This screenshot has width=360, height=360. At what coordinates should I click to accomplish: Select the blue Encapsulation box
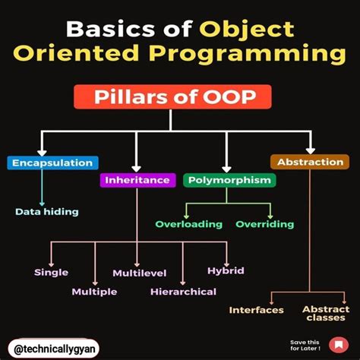[x=52, y=163]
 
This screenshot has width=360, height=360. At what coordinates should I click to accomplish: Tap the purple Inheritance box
[x=137, y=180]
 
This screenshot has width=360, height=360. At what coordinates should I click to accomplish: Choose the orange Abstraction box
[x=309, y=163]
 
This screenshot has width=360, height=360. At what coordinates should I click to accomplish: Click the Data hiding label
[x=46, y=211]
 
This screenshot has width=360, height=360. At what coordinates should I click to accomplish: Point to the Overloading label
[x=189, y=224]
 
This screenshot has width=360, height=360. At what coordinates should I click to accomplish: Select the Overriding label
[x=264, y=224]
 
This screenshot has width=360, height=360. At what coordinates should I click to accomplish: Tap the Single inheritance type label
[x=52, y=272]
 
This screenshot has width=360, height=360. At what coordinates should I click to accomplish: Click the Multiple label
[x=94, y=292]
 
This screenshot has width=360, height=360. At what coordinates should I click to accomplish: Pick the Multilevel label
[x=134, y=273]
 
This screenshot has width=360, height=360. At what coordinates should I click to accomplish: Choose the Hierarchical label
[x=183, y=292]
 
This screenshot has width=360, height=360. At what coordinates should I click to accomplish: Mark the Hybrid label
[x=226, y=270]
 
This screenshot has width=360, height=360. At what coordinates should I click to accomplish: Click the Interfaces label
[x=257, y=310]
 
